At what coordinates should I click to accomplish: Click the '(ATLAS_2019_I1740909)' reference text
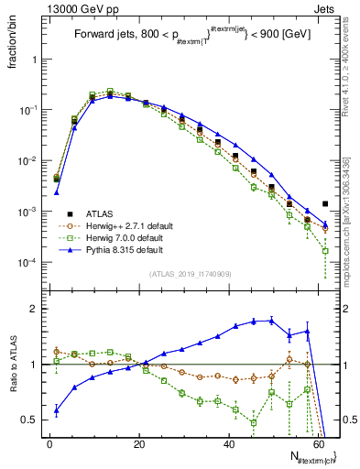tap(190, 274)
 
